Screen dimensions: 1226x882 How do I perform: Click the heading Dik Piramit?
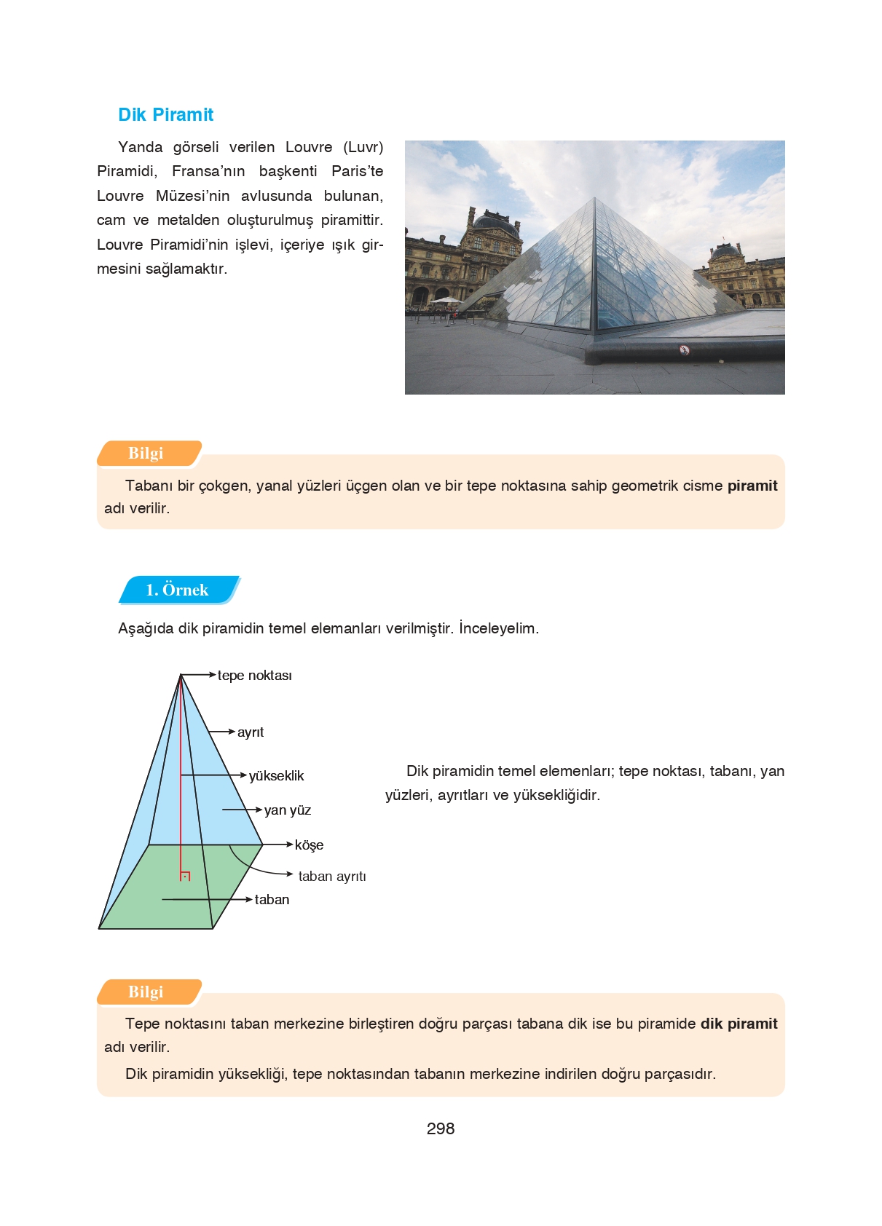165,115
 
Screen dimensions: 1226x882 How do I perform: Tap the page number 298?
440,1128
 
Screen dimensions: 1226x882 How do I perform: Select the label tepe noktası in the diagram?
254,676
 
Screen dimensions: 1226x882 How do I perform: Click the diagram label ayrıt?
250,732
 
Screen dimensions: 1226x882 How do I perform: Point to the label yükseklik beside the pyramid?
276,776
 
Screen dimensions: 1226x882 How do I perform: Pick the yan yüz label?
287,810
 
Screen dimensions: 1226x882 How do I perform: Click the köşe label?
309,845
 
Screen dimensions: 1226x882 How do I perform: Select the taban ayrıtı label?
331,877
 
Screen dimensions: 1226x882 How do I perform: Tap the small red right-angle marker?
185,876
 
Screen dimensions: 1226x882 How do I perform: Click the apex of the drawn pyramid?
181,675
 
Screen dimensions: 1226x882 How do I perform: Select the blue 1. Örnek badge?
177,590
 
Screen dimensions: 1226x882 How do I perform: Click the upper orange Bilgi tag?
146,453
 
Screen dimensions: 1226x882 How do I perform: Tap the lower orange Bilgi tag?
146,992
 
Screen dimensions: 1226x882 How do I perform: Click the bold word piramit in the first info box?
752,486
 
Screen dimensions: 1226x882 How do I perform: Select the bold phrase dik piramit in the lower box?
739,1024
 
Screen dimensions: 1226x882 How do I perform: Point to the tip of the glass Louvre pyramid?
594,198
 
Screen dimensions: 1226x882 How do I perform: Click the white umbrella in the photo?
446,300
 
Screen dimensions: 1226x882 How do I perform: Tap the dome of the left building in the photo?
497,221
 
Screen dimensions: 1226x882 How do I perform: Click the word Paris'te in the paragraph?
357,171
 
